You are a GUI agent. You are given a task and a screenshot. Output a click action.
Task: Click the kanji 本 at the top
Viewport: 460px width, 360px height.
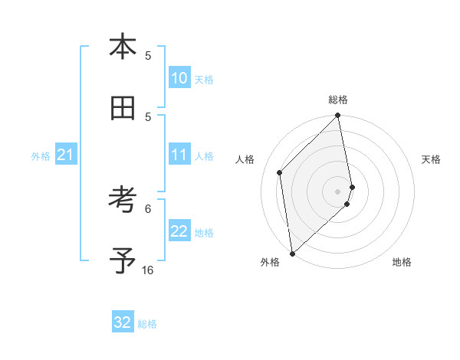[x=123, y=47]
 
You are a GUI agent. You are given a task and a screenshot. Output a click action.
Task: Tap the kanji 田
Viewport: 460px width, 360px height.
[x=123, y=109]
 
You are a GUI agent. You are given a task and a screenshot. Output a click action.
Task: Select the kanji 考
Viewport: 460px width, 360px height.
[x=123, y=201]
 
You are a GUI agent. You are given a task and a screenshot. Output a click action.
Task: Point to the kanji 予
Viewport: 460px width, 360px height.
[x=123, y=262]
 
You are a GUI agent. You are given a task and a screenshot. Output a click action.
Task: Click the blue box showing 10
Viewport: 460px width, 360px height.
[x=179, y=78]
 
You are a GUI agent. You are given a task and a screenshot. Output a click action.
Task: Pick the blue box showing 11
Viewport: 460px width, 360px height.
[x=179, y=155]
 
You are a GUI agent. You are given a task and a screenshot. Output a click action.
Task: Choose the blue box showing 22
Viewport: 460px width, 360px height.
[x=179, y=231]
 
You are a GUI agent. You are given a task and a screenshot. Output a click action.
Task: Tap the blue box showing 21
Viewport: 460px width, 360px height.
[x=66, y=155]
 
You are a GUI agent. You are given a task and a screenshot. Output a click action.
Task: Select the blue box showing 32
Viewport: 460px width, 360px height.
[x=123, y=322]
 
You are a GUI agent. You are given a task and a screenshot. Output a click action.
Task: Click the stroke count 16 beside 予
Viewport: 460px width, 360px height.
[x=148, y=270]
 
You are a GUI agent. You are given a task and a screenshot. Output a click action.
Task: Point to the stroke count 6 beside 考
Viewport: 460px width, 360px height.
[x=148, y=208]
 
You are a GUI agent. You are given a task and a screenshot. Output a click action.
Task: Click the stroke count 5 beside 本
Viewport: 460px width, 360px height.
[x=148, y=55]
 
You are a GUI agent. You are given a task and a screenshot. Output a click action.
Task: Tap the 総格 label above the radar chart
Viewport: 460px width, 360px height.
[x=338, y=100]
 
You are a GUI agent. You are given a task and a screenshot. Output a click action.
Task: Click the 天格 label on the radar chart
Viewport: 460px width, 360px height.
[x=431, y=159]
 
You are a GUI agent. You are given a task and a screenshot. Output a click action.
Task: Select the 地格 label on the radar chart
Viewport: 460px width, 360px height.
[x=402, y=262]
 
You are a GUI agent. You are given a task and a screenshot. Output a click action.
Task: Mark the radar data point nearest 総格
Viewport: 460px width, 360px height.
[x=338, y=116]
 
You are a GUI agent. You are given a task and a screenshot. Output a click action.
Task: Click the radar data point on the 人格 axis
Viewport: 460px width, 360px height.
[x=280, y=172]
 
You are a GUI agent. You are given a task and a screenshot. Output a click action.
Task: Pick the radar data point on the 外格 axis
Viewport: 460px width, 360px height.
[x=292, y=253]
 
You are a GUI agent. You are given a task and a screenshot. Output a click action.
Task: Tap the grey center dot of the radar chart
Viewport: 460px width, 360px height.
[x=338, y=191]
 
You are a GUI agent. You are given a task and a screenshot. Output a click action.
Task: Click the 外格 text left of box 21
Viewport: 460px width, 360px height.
[x=41, y=156]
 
